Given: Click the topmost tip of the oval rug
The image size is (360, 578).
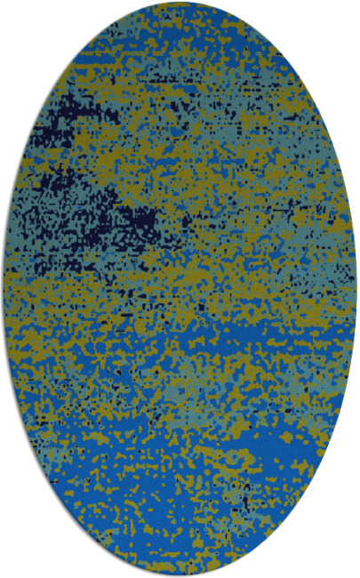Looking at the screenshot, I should click(180, 3).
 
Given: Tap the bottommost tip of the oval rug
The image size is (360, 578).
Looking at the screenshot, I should click(180, 575).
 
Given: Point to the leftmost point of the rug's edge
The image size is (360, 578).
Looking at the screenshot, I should click(3, 289).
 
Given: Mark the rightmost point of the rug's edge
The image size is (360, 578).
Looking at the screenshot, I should click(357, 289).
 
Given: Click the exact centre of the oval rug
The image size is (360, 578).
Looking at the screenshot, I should click(180, 289).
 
